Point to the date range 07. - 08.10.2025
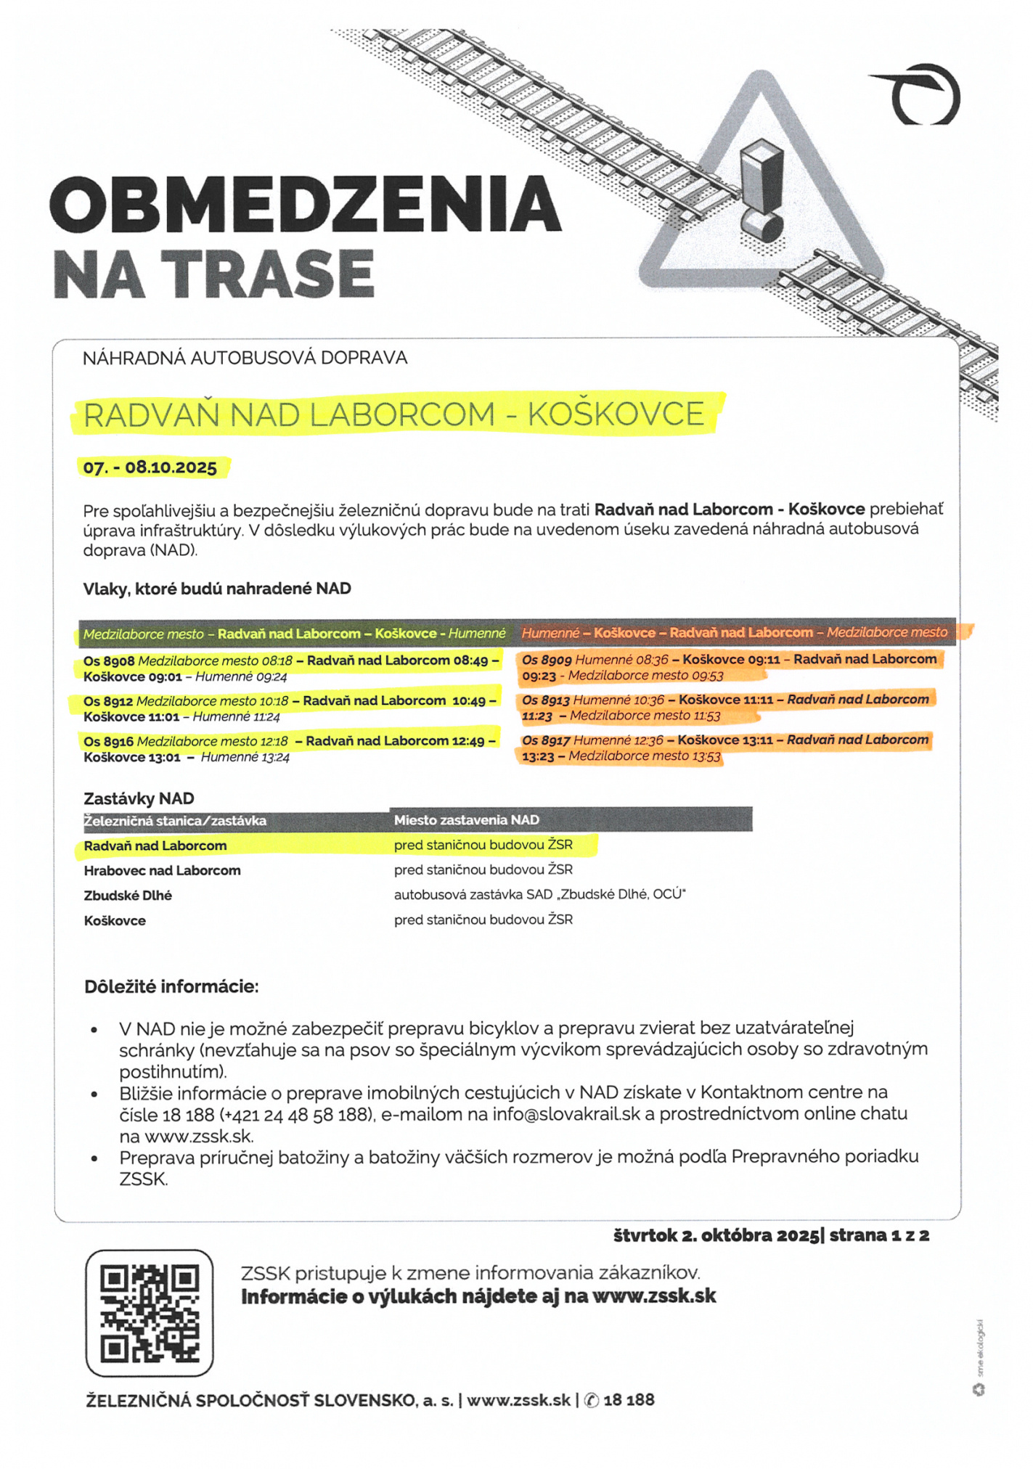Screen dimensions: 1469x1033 click(x=150, y=467)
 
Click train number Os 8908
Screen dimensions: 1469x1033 click(x=109, y=661)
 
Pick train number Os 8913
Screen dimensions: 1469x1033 click(x=546, y=700)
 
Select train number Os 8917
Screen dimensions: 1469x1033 click(x=546, y=740)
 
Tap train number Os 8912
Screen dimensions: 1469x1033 click(x=108, y=701)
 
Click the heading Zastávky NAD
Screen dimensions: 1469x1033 click(x=139, y=798)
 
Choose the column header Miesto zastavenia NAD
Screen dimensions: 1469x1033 click(x=466, y=820)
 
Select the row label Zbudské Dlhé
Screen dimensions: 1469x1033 click(x=128, y=896)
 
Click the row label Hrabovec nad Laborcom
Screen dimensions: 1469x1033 click(x=162, y=870)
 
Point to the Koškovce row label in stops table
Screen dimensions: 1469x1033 click(x=115, y=921)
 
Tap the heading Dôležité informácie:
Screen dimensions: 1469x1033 click(x=171, y=987)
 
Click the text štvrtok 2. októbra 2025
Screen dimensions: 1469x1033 click(x=716, y=1235)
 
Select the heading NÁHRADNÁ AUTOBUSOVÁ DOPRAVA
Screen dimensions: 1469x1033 click(x=245, y=358)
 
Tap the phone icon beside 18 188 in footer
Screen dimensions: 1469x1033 click(x=592, y=1400)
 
